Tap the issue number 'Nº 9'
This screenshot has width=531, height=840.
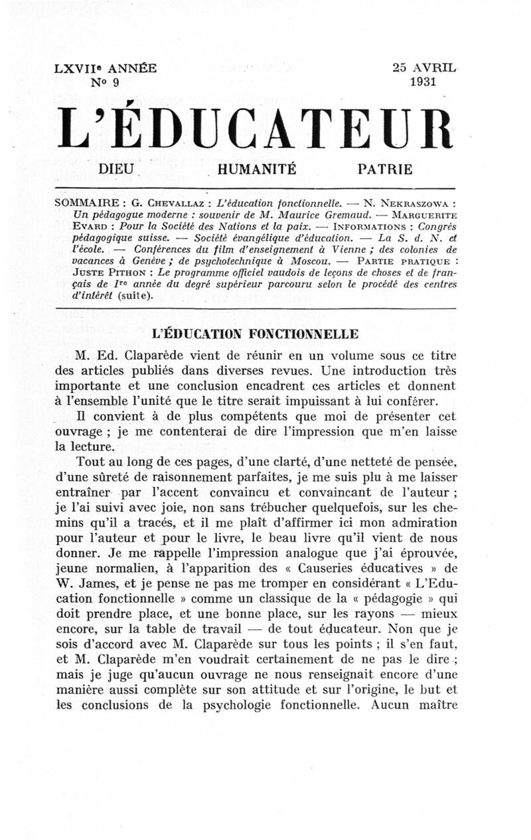(x=105, y=83)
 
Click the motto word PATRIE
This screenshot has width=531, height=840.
(x=385, y=169)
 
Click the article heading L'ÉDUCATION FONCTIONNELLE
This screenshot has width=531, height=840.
(x=256, y=333)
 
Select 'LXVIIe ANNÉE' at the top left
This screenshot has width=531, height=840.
(x=106, y=68)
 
